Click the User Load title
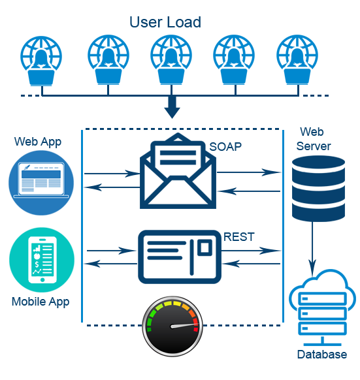(165, 22)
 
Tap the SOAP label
(225, 147)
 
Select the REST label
(239, 237)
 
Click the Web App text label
(38, 142)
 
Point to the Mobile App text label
(41, 302)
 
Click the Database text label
(322, 355)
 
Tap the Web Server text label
(313, 139)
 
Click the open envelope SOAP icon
(178, 170)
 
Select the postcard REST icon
(180, 257)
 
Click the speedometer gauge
(172, 326)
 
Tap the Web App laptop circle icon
(41, 183)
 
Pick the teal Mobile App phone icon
(42, 260)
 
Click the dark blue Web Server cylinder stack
(318, 189)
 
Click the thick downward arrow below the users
(172, 106)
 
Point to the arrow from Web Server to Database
(312, 248)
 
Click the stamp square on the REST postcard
(205, 247)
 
